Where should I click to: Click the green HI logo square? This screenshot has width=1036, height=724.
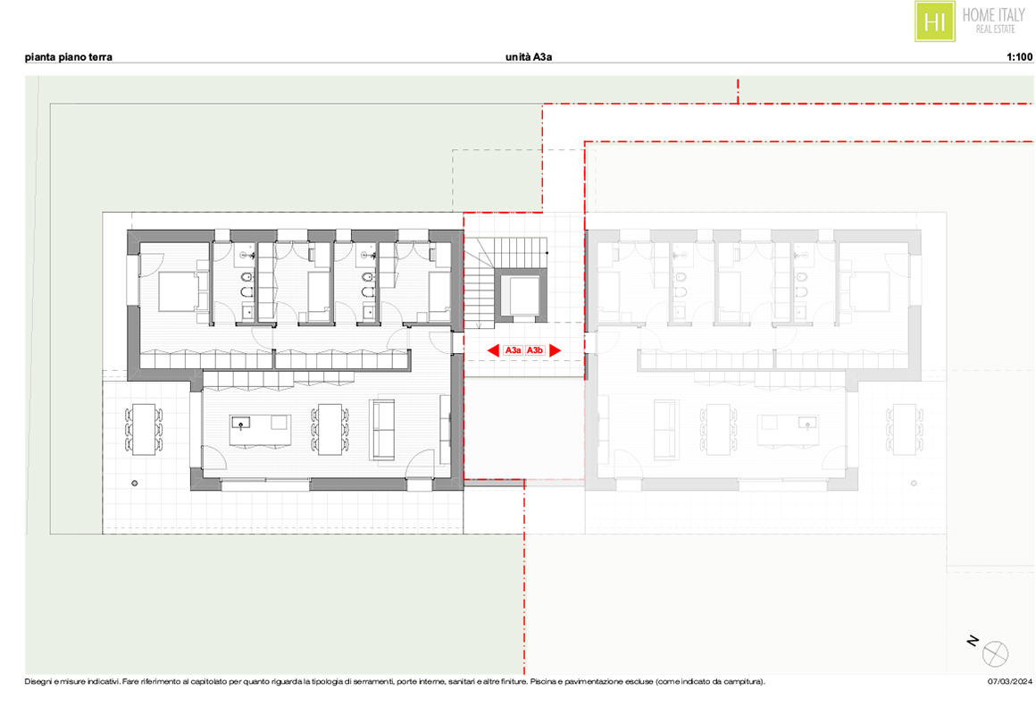(x=934, y=21)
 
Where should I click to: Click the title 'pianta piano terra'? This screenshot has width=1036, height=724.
(x=68, y=57)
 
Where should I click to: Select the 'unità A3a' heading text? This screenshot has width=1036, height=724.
(x=529, y=57)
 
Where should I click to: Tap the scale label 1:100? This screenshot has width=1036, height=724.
(x=1020, y=57)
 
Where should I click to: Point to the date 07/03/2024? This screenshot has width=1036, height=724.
(x=1009, y=682)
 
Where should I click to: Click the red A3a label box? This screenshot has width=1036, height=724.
(x=514, y=350)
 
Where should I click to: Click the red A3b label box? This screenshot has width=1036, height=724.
(x=534, y=350)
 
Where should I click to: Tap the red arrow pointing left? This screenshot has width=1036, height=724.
(x=493, y=350)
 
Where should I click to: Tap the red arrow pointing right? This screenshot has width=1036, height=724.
(x=555, y=350)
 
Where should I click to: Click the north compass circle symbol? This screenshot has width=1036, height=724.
(x=995, y=654)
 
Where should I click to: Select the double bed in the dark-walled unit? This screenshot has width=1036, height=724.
(x=178, y=291)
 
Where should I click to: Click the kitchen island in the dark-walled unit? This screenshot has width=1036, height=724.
(x=259, y=431)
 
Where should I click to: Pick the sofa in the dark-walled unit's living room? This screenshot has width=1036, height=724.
(x=382, y=429)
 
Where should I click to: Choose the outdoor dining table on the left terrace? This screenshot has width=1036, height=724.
(x=144, y=429)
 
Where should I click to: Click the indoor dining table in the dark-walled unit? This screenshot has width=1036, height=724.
(x=330, y=429)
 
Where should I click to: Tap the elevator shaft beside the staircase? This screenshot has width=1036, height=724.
(x=522, y=296)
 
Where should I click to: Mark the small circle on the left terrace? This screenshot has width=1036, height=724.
(x=135, y=484)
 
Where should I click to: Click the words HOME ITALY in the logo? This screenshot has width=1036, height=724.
(x=993, y=14)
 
